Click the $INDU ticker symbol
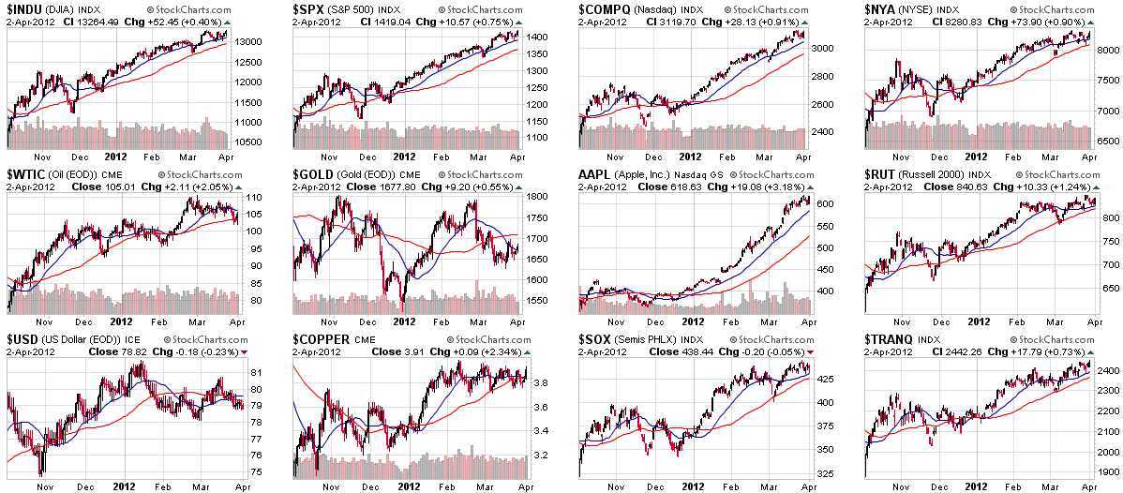[x=29, y=9]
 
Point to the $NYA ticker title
[x=886, y=9]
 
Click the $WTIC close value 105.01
[x=116, y=187]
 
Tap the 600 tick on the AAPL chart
[x=821, y=203]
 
